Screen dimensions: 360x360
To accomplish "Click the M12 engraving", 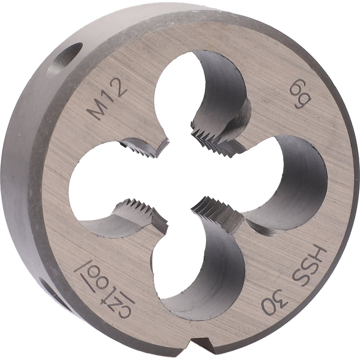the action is (107, 100).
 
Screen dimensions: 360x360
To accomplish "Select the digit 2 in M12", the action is (120, 89).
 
